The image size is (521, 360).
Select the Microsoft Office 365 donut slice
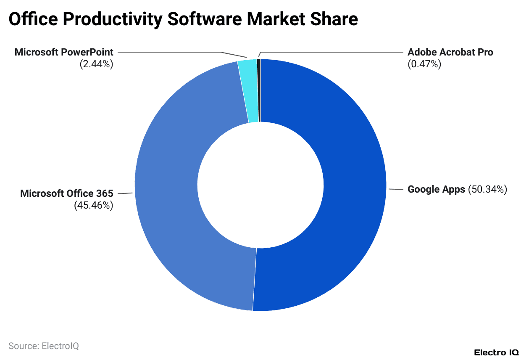[x=168, y=189]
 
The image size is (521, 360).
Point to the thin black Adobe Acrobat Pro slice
[x=259, y=90]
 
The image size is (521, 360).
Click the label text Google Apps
[x=436, y=189]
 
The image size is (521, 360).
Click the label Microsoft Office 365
[x=67, y=193]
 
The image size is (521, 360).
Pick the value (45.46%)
[x=94, y=206]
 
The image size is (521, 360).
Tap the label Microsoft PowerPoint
[x=64, y=52]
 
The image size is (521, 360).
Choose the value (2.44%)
[x=96, y=64]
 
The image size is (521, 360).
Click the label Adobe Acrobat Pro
[x=450, y=52]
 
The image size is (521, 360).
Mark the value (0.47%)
[x=424, y=64]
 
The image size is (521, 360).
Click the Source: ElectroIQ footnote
[x=44, y=346]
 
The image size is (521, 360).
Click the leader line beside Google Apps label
[x=396, y=190]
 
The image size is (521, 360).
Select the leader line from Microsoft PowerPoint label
[x=168, y=52]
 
